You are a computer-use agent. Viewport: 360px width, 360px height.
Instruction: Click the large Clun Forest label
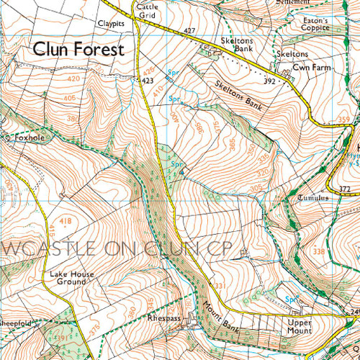(x=77, y=50)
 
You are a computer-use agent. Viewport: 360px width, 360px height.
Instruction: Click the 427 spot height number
(x=189, y=30)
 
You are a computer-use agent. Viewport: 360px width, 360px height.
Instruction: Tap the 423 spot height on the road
(x=148, y=81)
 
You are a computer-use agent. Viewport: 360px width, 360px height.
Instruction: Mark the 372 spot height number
(x=344, y=189)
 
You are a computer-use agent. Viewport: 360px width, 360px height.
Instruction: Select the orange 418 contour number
(x=45, y=220)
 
